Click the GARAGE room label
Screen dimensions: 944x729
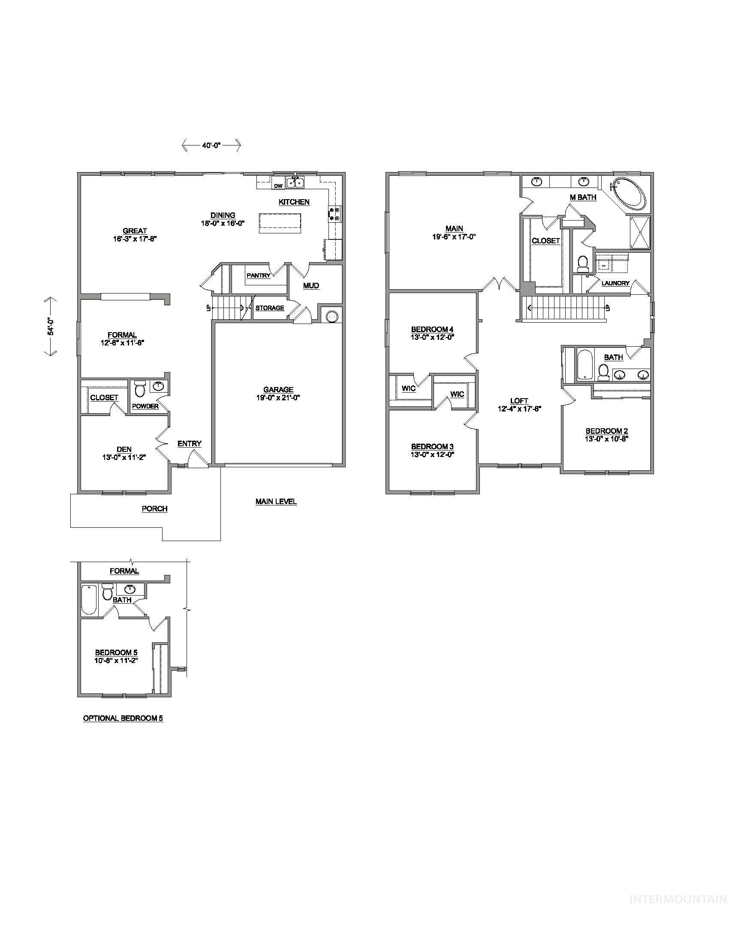(x=278, y=390)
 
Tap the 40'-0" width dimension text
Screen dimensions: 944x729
(x=211, y=146)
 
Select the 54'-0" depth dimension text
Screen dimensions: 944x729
(x=51, y=327)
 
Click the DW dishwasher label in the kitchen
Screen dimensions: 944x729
(x=279, y=186)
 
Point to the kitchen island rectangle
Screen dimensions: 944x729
(x=280, y=223)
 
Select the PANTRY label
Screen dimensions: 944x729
(x=258, y=275)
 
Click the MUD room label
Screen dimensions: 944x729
(x=311, y=286)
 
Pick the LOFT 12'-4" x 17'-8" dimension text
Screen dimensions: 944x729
(x=519, y=408)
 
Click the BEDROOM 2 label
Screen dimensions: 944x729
(x=606, y=431)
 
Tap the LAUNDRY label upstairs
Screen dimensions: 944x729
(x=615, y=283)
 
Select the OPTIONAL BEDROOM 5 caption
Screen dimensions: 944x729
(x=123, y=718)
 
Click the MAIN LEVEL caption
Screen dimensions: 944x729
(x=276, y=501)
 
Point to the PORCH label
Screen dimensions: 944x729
(x=155, y=509)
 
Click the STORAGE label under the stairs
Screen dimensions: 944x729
(x=269, y=308)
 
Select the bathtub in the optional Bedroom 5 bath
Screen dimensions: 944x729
(x=88, y=599)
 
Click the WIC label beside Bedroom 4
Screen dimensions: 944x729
(x=409, y=389)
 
